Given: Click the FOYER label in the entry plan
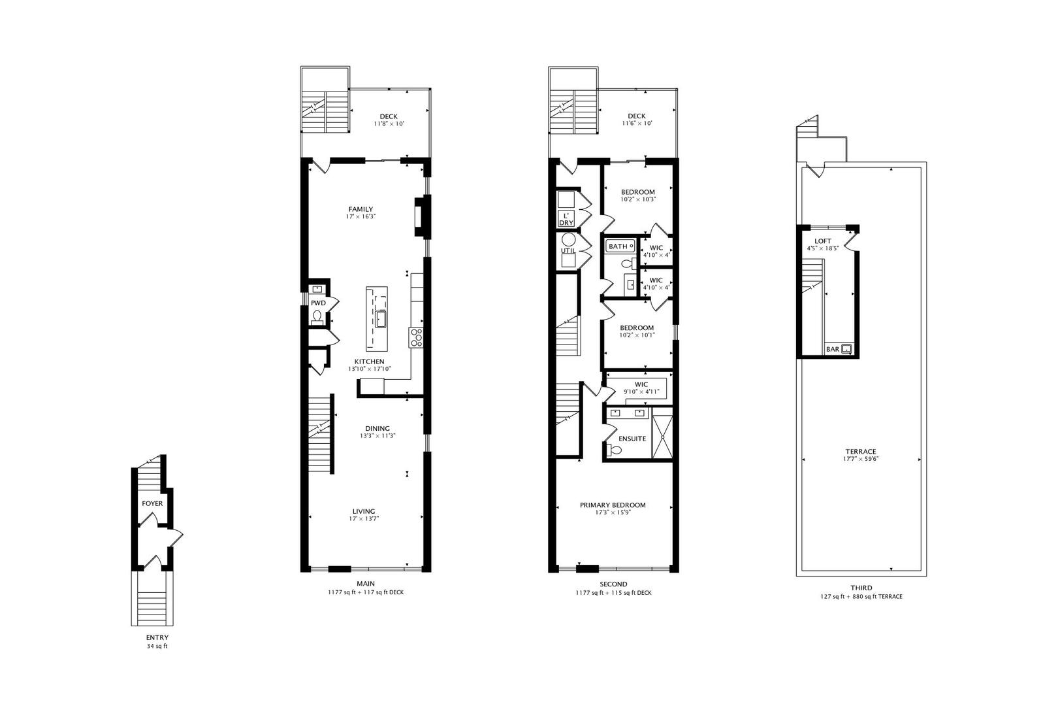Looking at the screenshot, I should click(x=152, y=503).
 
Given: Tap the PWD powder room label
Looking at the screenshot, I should click(x=318, y=303).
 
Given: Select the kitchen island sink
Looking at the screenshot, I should click(x=381, y=320).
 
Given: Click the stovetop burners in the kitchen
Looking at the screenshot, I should click(x=416, y=337).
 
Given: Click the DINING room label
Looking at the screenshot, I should click(x=377, y=429).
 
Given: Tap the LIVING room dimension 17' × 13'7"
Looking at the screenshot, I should click(x=364, y=518).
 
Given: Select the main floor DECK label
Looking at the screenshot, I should click(x=389, y=116).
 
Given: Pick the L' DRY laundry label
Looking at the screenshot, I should click(x=566, y=219).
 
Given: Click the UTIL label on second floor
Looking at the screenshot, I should click(x=567, y=251).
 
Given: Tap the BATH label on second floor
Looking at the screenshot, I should click(x=617, y=246).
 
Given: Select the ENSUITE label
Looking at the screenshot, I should click(x=632, y=439).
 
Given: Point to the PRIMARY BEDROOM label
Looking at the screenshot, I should click(x=613, y=505).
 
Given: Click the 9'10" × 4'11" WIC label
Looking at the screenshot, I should click(x=641, y=392).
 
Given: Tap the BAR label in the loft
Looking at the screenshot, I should click(x=833, y=349).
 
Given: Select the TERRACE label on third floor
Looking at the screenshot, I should click(x=860, y=451).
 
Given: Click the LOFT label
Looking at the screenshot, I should click(x=823, y=241).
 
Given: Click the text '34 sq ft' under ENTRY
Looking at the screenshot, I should click(x=157, y=647).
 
